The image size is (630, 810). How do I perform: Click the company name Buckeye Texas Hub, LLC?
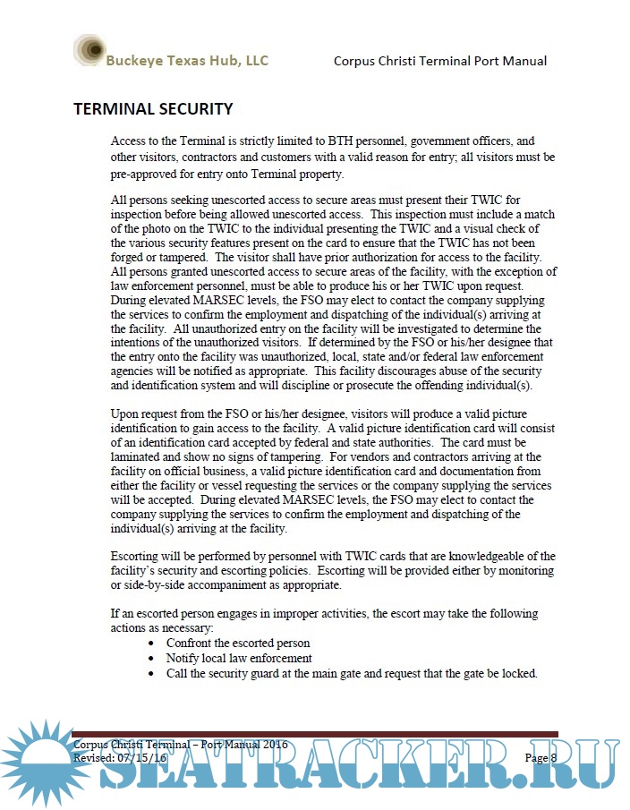[x=186, y=61]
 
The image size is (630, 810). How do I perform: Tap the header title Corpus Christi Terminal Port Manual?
[x=439, y=61]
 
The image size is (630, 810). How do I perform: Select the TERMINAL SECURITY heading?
[x=153, y=109]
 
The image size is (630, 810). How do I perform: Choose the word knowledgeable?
[x=469, y=556]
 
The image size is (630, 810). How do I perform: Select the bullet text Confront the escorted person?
[x=238, y=644]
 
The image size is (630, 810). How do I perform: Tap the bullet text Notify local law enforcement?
[x=239, y=658]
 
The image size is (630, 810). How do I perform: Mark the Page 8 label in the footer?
[x=541, y=758]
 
